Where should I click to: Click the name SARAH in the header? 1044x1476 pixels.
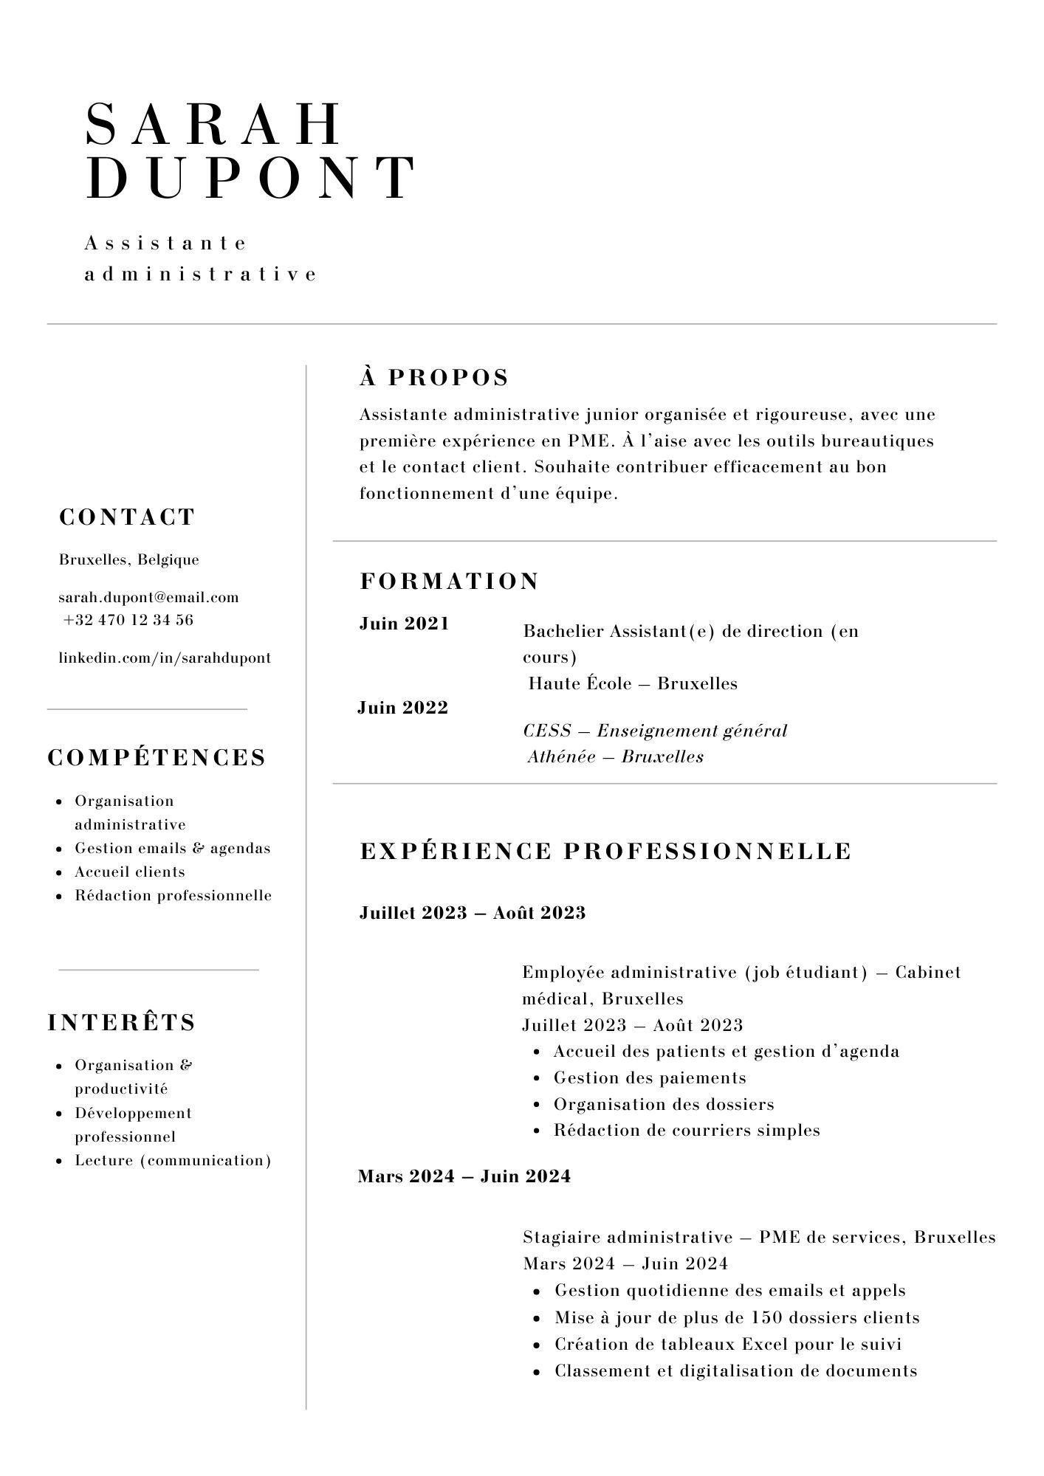coord(214,124)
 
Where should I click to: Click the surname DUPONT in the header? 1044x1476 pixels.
coord(251,178)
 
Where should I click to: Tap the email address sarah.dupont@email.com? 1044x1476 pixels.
coord(148,597)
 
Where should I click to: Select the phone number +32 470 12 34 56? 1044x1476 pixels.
coord(128,620)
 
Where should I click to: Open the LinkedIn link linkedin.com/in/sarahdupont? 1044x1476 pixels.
coord(165,658)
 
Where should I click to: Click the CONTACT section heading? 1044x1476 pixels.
coord(127,517)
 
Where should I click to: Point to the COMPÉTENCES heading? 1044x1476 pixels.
coord(157,758)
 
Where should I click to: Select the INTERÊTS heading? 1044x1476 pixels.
coord(122,1022)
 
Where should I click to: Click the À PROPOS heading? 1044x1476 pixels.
coord(434,377)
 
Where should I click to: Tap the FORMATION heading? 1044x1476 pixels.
coord(450,581)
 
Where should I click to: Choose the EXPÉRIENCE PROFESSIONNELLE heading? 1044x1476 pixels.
coord(605,851)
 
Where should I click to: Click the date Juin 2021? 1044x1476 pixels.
coord(404,624)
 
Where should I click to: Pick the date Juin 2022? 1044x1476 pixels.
coord(402,708)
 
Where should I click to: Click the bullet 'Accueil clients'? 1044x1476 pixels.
coord(130,872)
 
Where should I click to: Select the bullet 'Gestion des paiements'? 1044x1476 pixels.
coord(650,1077)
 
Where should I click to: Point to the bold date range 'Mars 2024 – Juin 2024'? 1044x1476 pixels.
coord(464,1176)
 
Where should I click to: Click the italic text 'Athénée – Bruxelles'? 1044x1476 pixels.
coord(615,756)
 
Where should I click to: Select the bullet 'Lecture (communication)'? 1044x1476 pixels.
coord(173,1160)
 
